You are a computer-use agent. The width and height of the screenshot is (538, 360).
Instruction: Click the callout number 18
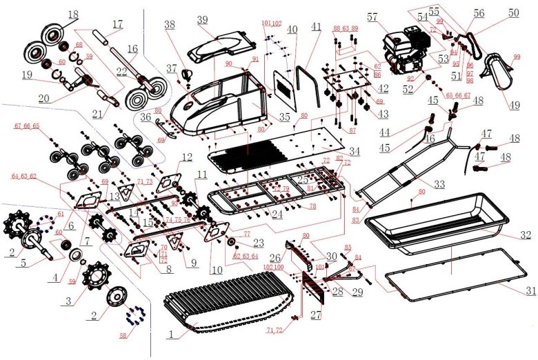pyautogui.click(x=73, y=14)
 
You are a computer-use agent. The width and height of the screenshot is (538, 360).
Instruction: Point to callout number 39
pyautogui.click(x=202, y=19)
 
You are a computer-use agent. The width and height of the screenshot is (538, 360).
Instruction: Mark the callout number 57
pyautogui.click(x=372, y=16)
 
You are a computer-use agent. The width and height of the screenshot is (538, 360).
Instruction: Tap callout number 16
pyautogui.click(x=132, y=49)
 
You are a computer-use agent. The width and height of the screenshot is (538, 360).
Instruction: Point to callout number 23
pyautogui.click(x=258, y=242)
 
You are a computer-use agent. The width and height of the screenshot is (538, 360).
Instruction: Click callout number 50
pyautogui.click(x=514, y=13)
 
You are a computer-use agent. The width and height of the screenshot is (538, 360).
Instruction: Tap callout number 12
pyautogui.click(x=186, y=157)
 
